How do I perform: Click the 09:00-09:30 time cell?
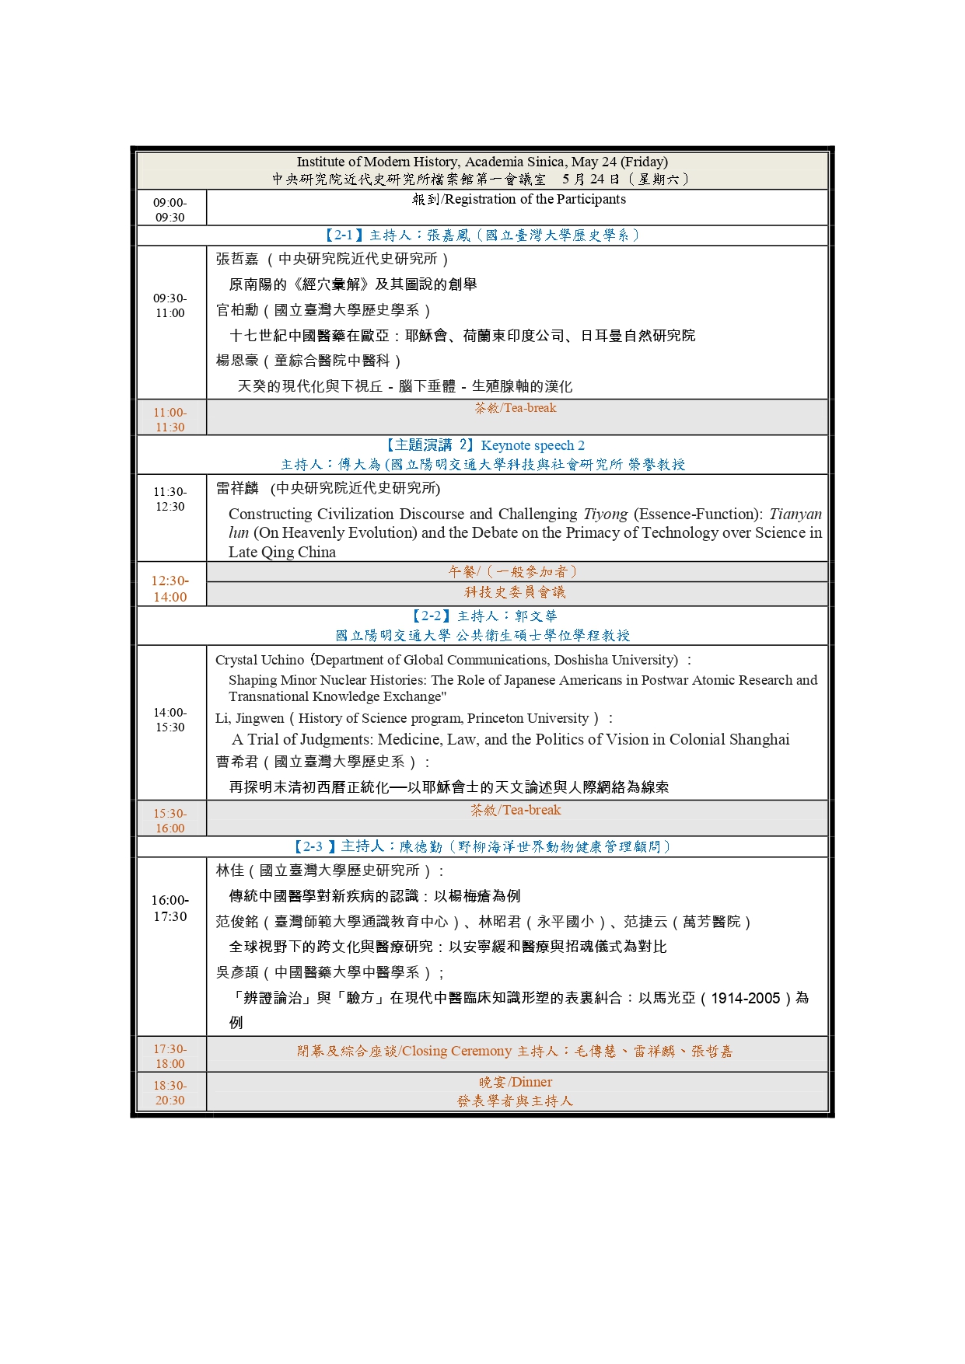(170, 210)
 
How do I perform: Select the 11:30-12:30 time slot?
(170, 499)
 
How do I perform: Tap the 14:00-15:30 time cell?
(170, 720)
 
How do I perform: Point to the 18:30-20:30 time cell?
(170, 1093)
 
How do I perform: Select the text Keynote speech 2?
(533, 445)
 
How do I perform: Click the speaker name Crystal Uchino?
(260, 660)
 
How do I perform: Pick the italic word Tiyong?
(605, 514)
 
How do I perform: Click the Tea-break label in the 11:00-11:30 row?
(530, 408)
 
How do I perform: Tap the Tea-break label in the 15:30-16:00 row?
(532, 810)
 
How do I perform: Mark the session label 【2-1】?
(343, 235)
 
